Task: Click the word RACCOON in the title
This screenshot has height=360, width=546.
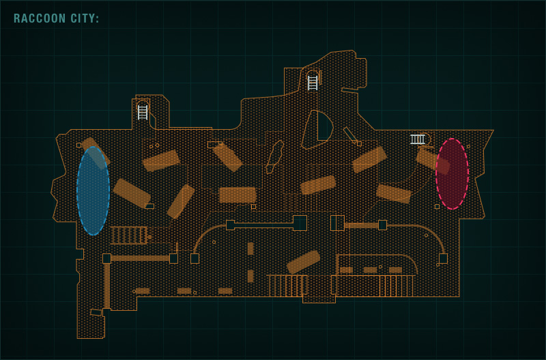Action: pos(40,19)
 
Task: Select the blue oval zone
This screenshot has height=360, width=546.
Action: pos(93,191)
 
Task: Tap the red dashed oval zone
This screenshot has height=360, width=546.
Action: pos(452,174)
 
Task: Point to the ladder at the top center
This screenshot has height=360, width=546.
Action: pos(313,83)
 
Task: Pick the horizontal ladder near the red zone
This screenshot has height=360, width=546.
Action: pos(417,139)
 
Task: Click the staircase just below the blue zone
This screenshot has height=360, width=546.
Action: pos(128,235)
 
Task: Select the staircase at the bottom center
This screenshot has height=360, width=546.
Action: pos(287,285)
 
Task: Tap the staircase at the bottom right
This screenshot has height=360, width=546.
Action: pos(396,286)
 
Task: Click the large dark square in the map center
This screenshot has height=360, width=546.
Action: pos(300,223)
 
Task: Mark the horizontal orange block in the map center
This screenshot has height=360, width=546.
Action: pos(238,195)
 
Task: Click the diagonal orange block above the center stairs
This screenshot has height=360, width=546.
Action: pos(303,262)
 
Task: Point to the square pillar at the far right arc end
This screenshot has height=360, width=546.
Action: pos(443,258)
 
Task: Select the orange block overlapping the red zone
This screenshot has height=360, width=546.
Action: pos(433,161)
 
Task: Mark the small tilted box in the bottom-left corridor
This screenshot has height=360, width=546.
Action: pos(96,312)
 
